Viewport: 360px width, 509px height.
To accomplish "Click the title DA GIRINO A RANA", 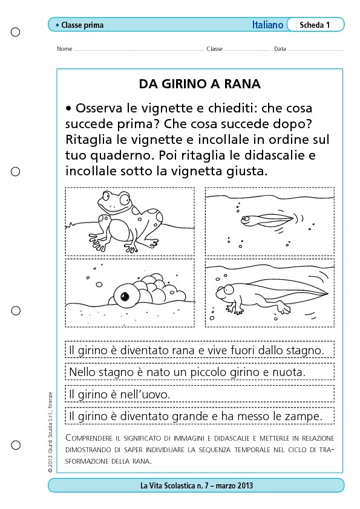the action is click(x=200, y=84).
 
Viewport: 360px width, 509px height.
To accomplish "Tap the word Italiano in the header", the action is click(x=267, y=25).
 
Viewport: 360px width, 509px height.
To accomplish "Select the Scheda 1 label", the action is click(x=315, y=25).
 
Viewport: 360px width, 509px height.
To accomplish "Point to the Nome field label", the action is click(x=64, y=49).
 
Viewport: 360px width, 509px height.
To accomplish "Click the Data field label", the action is click(x=280, y=49).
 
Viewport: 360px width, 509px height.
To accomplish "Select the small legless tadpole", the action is click(x=267, y=220).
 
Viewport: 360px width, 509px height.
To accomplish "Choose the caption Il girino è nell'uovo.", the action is click(x=120, y=394).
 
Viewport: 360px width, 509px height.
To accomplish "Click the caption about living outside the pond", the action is click(x=197, y=351).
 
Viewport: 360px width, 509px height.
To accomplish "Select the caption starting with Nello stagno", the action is click(x=188, y=372).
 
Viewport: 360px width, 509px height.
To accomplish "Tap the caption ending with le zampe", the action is click(x=195, y=416).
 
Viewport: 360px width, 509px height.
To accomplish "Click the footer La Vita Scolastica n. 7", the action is click(x=197, y=485).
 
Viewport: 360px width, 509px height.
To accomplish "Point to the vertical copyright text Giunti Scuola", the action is click(x=50, y=432).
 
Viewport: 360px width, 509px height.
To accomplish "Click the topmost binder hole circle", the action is click(x=16, y=32).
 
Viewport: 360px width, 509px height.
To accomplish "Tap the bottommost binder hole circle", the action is click(x=16, y=445).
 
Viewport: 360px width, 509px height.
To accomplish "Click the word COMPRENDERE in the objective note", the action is click(x=89, y=438).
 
